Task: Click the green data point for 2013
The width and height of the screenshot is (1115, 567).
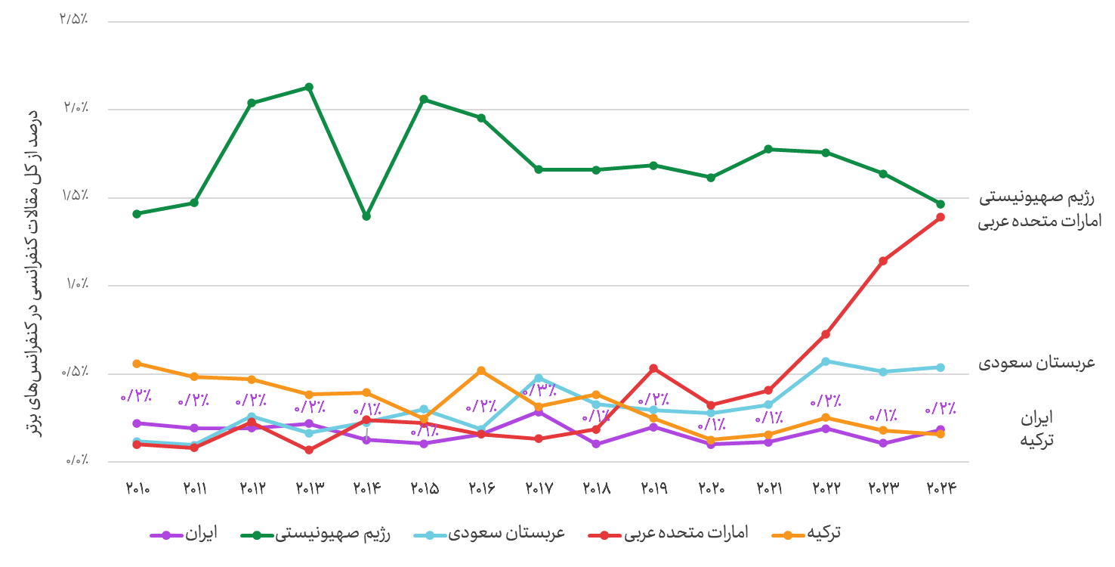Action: [x=309, y=87]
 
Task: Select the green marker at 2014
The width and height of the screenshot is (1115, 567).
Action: [x=366, y=216]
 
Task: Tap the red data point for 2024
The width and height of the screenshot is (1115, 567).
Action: [x=940, y=217]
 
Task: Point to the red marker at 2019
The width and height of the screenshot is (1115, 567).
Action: [x=653, y=369]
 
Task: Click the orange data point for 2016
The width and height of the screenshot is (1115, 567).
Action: [x=481, y=370]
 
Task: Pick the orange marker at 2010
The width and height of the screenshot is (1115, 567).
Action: [x=137, y=364]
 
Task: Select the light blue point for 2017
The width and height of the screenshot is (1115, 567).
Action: [x=539, y=378]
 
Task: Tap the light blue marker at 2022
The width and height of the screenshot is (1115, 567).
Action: [x=826, y=361]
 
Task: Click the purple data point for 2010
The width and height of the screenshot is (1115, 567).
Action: [x=137, y=423]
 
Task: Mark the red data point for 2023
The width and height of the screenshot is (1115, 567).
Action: [x=883, y=261]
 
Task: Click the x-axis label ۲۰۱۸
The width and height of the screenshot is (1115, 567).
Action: [x=596, y=488]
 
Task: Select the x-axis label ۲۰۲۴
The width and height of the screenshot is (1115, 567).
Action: [x=941, y=488]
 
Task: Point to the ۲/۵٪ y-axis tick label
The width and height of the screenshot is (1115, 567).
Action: [x=74, y=19]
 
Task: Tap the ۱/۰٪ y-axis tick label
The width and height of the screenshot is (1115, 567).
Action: [x=77, y=283]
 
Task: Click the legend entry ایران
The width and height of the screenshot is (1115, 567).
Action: [x=184, y=534]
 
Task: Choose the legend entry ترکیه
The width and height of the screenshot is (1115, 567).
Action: [x=806, y=534]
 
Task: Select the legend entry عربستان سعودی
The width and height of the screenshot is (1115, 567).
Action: [x=490, y=534]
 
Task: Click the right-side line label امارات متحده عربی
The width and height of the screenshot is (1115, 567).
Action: [x=1039, y=222]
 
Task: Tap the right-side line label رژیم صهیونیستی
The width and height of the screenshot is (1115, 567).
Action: [x=1037, y=198]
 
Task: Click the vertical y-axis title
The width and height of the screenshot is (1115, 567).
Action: [x=32, y=274]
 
